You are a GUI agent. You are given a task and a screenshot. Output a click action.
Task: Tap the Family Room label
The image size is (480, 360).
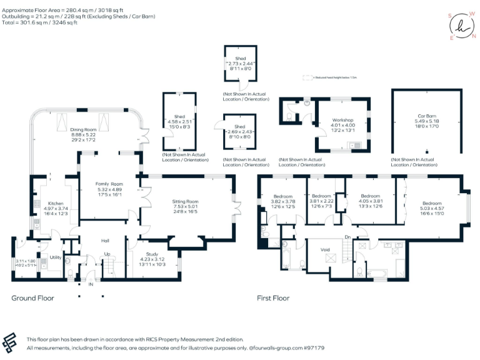pyautogui.click(x=109, y=184)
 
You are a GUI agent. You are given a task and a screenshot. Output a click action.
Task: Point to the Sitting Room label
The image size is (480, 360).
pyautogui.click(x=185, y=202)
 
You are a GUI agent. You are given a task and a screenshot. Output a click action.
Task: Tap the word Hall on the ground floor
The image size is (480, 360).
pyautogui.click(x=106, y=239)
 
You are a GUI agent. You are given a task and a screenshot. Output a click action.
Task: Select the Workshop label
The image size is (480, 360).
pyautogui.click(x=343, y=119)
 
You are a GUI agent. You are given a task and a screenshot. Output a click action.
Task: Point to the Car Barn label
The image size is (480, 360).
pyautogui.click(x=428, y=116)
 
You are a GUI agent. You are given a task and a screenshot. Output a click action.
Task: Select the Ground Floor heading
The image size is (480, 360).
pyautogui.click(x=32, y=298)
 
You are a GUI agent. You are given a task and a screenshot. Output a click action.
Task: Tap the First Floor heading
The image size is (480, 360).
pyautogui.click(x=273, y=298)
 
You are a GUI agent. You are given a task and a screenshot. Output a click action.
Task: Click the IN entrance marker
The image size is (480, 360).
pyautogui.click(x=91, y=284)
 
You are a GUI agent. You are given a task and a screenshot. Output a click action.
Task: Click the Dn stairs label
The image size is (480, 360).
pyautogui.click(x=347, y=237)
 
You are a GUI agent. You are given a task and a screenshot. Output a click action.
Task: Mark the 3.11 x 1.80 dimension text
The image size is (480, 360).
pyautogui.click(x=25, y=261)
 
